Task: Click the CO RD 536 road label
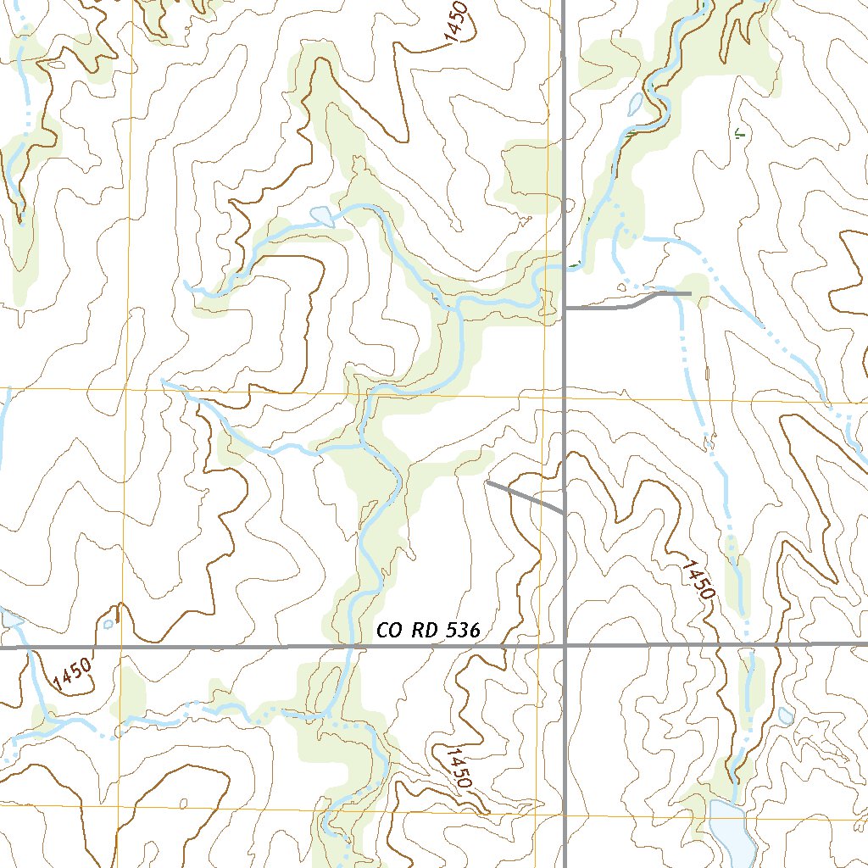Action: [428, 631]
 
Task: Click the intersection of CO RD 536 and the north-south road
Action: [565, 646]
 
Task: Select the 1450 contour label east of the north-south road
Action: [695, 581]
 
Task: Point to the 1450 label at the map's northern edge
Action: [455, 22]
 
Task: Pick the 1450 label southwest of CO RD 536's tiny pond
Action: [71, 674]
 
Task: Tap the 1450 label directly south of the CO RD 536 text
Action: [456, 768]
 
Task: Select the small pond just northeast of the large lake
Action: [786, 716]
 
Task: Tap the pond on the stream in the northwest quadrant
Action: [323, 216]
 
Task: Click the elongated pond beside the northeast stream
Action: [636, 104]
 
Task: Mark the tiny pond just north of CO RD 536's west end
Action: [108, 625]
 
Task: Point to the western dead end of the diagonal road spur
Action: [487, 481]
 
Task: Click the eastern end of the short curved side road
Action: [690, 293]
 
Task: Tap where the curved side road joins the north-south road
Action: [565, 309]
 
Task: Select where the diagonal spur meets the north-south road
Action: [565, 513]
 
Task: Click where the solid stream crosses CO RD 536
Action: [349, 647]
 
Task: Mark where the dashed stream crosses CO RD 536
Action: [747, 645]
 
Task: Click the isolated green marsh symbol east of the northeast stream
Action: [739, 133]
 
